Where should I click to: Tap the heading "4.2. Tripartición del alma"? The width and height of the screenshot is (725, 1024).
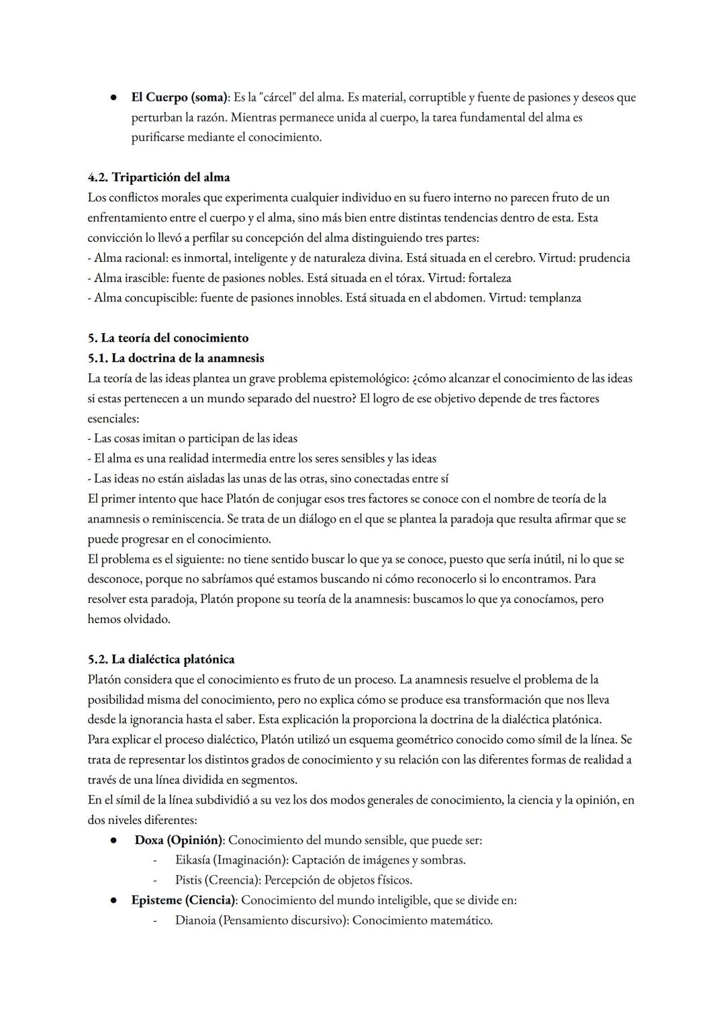click(x=158, y=177)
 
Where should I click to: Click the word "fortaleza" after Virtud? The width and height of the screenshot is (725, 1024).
click(x=489, y=278)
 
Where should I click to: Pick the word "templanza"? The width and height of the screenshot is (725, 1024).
click(x=554, y=297)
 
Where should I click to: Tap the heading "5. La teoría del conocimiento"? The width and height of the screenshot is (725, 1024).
click(x=168, y=338)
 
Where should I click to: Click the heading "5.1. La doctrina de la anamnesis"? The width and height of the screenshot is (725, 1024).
click(x=176, y=358)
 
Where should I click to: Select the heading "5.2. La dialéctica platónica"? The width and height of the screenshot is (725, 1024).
click(x=161, y=659)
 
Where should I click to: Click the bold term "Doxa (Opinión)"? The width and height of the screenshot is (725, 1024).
click(x=178, y=840)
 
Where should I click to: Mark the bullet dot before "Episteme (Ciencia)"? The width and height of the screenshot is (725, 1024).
click(x=115, y=900)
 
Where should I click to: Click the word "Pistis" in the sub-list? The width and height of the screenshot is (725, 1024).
click(x=188, y=880)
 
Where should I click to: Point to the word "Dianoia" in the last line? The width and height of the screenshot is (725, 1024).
click(x=195, y=921)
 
